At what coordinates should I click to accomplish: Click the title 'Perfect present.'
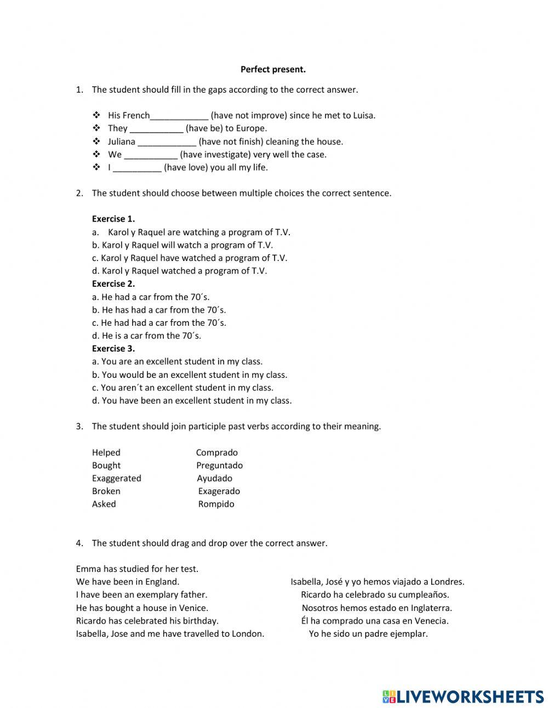[x=273, y=70]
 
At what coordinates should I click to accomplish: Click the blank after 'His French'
[x=179, y=116]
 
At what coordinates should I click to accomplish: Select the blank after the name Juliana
[x=167, y=142]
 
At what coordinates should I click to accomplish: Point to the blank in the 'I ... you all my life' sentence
[x=137, y=168]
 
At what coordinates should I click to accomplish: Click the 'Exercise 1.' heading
[x=113, y=219]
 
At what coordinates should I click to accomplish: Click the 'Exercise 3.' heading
[x=113, y=349]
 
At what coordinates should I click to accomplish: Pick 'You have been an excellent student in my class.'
[x=192, y=401]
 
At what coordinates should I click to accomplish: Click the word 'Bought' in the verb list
[x=106, y=466]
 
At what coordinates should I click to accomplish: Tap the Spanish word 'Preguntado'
[x=220, y=466]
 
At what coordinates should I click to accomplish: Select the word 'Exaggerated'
[x=117, y=478]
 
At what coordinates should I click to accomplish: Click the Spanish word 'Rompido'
[x=216, y=504]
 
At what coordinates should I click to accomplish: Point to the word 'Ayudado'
[x=215, y=478]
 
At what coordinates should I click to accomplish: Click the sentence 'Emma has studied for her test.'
[x=137, y=569]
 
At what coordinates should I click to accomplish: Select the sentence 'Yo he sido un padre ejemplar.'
[x=368, y=634]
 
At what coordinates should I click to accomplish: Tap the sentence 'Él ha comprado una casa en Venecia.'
[x=375, y=621]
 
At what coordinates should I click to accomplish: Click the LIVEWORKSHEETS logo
[x=463, y=696]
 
